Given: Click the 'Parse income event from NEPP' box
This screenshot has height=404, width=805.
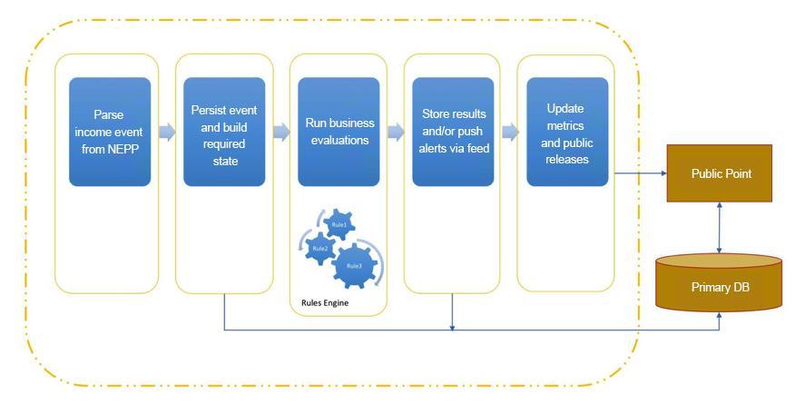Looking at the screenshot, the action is pyautogui.click(x=110, y=132).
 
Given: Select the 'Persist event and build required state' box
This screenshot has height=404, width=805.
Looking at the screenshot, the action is pyautogui.click(x=224, y=132).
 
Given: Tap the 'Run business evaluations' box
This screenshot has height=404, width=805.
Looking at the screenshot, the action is pyautogui.click(x=339, y=132).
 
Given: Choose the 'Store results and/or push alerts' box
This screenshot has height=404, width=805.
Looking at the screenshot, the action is pyautogui.click(x=454, y=132).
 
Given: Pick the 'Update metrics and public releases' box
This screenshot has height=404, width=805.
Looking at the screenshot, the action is pyautogui.click(x=567, y=132).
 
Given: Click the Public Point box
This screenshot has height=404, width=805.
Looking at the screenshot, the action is pyautogui.click(x=720, y=173).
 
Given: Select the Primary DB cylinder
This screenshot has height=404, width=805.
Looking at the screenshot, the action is pyautogui.click(x=719, y=282).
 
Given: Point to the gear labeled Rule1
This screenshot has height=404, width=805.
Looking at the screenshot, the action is pyautogui.click(x=339, y=224).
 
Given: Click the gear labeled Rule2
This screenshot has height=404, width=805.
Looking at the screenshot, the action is pyautogui.click(x=319, y=249).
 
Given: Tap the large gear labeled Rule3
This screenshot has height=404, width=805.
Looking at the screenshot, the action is pyautogui.click(x=354, y=266).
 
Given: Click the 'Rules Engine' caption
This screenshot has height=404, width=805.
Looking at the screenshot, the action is pyautogui.click(x=325, y=303).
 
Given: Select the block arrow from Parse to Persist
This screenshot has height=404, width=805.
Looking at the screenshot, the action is pyautogui.click(x=167, y=132).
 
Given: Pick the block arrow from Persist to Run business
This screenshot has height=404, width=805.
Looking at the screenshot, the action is pyautogui.click(x=282, y=132).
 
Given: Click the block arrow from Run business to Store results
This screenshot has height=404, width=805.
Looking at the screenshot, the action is pyautogui.click(x=396, y=132).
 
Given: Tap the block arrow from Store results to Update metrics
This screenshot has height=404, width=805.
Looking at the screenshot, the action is pyautogui.click(x=510, y=132).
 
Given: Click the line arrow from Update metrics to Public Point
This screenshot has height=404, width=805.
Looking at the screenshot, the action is pyautogui.click(x=641, y=173).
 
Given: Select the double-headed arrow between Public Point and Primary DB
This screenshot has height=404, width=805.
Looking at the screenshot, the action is pyautogui.click(x=720, y=227).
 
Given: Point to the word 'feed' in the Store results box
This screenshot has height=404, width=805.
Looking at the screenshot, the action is pyautogui.click(x=477, y=148).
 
